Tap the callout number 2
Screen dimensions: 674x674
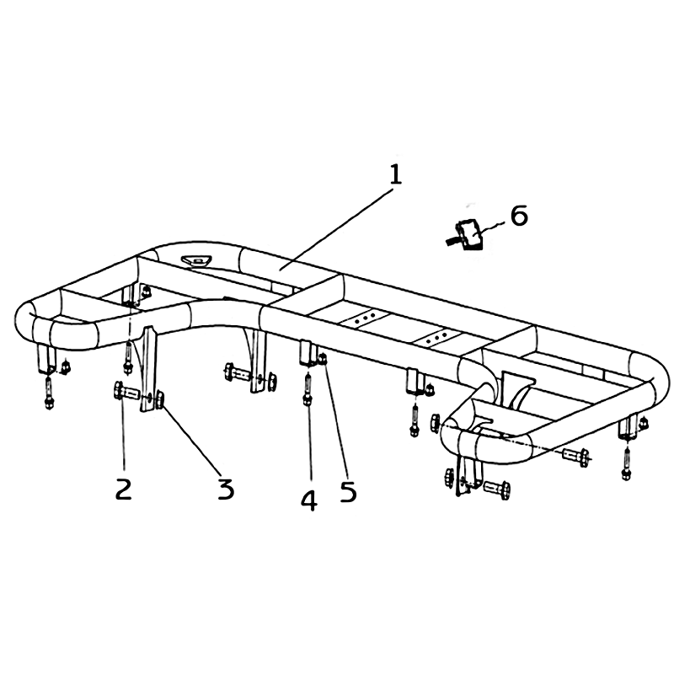coord(123,489)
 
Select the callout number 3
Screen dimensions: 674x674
coord(226,489)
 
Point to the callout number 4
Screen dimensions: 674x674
coord(309,500)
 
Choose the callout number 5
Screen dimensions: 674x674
coord(349,491)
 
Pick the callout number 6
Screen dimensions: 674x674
coord(519,215)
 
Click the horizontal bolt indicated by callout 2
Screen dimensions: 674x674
coord(127,392)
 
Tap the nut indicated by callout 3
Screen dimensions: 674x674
coord(159,399)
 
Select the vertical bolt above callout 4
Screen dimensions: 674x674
coord(308,389)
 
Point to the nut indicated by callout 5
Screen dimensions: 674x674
coord(323,357)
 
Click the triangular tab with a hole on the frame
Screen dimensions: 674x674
coord(195,260)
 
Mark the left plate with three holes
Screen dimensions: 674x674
coord(365,318)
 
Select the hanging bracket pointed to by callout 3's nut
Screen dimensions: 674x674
coord(148,370)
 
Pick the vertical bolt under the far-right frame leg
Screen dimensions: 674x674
coord(626,463)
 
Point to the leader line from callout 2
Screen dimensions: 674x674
coord(123,434)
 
